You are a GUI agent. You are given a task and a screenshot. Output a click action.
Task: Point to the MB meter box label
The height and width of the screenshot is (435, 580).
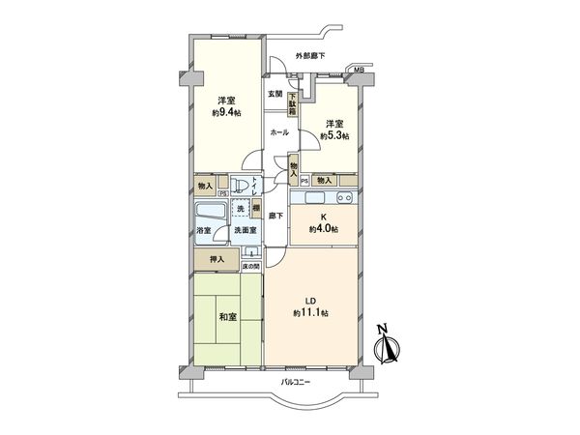(x=359, y=71)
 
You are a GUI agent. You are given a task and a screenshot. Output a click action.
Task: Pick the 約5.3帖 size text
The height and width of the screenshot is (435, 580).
(x=333, y=135)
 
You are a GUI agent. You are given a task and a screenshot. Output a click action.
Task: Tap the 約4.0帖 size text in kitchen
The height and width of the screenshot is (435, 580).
(x=323, y=230)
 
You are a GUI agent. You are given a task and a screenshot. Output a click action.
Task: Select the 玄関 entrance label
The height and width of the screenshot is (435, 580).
(x=275, y=94)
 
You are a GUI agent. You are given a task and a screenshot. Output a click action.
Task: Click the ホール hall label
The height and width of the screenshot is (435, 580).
(x=278, y=132)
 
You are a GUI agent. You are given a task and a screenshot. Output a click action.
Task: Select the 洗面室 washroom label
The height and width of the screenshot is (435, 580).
(x=244, y=232)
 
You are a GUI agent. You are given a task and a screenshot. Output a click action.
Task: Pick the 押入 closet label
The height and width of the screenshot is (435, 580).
(x=218, y=260)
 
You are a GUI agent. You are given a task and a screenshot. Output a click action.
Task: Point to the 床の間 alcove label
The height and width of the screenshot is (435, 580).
(x=248, y=265)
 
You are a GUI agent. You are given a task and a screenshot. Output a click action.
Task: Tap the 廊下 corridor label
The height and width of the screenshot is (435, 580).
(x=275, y=215)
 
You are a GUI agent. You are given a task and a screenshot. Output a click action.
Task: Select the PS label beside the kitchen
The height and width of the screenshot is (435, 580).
(x=304, y=181)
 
